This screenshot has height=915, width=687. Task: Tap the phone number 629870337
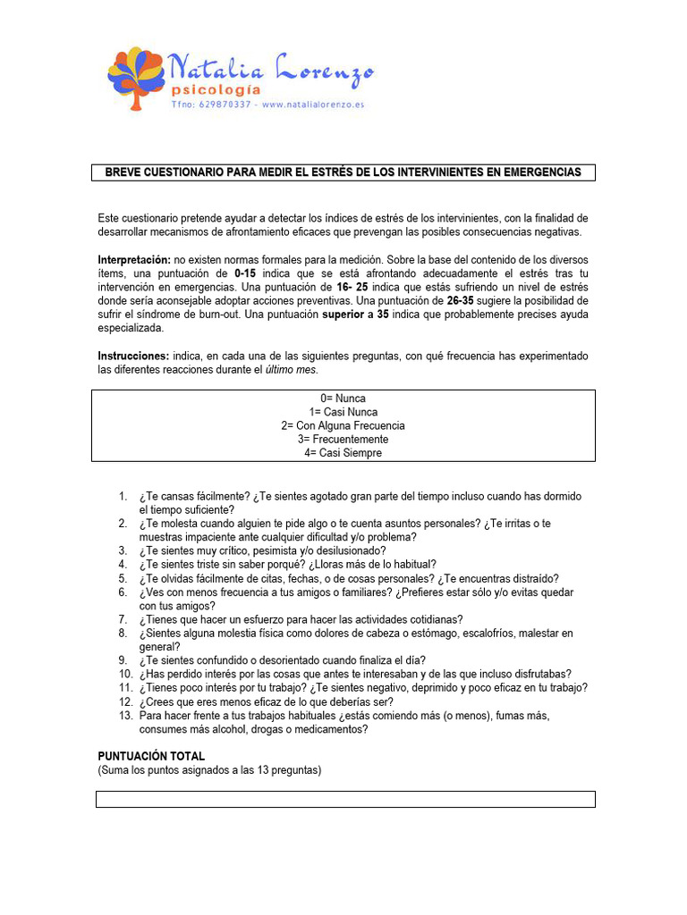(227, 105)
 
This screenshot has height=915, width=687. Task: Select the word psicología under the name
(216, 89)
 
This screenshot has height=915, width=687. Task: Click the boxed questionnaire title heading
(343, 172)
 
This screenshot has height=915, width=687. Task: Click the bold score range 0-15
(250, 273)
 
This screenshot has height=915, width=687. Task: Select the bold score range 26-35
(462, 301)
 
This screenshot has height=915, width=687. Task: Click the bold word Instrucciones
(132, 356)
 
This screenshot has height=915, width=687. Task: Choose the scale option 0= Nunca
(343, 399)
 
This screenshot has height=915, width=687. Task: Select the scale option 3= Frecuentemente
(343, 440)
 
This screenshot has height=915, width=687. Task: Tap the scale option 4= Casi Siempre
(343, 453)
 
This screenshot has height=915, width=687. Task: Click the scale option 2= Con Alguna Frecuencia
(343, 426)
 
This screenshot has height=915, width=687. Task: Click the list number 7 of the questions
(123, 619)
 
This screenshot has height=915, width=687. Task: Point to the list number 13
(125, 716)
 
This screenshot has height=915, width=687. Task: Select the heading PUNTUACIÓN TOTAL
(151, 756)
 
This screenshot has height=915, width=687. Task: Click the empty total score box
(345, 799)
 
